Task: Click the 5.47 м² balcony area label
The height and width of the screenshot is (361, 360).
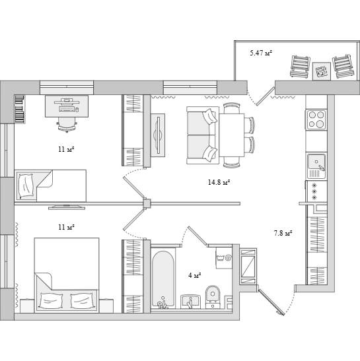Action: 261,53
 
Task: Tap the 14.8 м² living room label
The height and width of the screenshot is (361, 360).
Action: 219,182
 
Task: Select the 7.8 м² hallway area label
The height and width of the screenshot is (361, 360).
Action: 283,233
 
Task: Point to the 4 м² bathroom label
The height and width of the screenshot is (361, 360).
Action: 195,275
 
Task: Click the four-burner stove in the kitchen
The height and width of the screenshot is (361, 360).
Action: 316,119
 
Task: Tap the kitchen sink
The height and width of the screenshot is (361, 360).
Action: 316,166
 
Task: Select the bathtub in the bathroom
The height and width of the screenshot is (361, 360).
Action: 162,279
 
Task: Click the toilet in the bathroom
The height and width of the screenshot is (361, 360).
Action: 213,297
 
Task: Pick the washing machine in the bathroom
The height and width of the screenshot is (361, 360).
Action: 224,258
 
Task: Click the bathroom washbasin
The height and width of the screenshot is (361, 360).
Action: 190,302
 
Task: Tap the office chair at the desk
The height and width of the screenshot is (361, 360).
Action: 67,125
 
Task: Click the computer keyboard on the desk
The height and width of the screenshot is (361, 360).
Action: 67,109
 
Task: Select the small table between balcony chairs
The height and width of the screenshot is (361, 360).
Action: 322,71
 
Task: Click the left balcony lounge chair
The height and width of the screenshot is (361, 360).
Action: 300,66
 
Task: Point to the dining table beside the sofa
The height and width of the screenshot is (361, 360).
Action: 232,135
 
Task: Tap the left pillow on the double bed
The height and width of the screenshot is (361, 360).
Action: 51,300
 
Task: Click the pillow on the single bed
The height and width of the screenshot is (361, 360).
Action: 26,186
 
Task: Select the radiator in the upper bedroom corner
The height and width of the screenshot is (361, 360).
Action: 20,109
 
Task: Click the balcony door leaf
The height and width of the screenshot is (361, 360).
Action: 266,96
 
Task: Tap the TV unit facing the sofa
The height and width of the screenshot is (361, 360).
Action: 158,135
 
